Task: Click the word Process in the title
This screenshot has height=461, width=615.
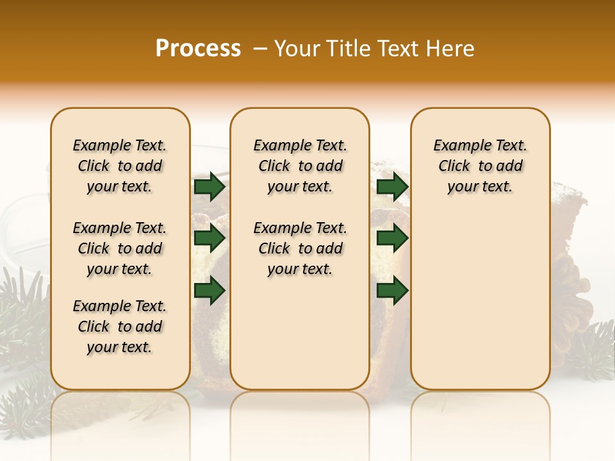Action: pos(198,49)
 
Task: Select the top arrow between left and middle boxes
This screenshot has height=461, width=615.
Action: pos(209,187)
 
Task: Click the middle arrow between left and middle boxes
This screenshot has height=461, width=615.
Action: pos(209,238)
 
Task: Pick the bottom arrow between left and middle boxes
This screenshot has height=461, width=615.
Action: pos(209,290)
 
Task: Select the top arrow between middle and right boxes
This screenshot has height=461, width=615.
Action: pos(392,187)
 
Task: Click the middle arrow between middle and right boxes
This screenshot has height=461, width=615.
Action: pos(392,238)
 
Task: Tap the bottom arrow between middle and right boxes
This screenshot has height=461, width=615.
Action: pos(392,290)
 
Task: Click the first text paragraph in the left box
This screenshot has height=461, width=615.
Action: pos(120,166)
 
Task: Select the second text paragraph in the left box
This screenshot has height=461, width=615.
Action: pos(120,248)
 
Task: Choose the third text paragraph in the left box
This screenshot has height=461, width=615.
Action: pos(120,327)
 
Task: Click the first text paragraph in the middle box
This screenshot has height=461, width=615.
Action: pos(300,166)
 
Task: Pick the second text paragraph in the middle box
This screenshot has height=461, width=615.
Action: pos(300,248)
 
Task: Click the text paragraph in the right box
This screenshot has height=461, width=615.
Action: pos(480,166)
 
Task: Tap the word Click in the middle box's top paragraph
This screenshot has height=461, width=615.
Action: pos(274,166)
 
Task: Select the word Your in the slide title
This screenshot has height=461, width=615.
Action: pos(297,49)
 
